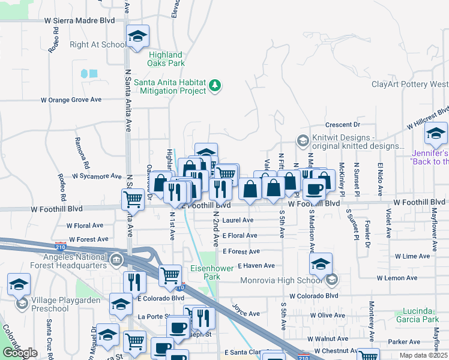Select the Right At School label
[x=98, y=44]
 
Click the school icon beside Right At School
[x=137, y=37]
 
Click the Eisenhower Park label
[x=211, y=272]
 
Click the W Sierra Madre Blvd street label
[x=79, y=20]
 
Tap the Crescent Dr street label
[x=342, y=125]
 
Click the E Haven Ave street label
[x=256, y=265]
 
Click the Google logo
[x=20, y=353]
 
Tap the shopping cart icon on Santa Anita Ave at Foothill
[x=133, y=200]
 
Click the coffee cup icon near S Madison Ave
[x=313, y=189]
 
